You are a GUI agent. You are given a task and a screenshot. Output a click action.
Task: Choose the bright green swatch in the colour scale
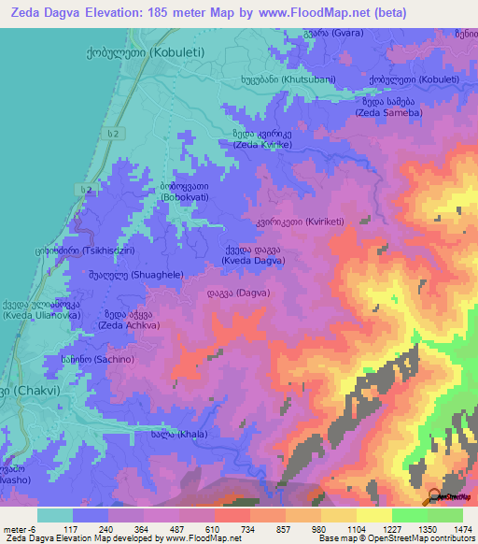pos(409,515)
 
